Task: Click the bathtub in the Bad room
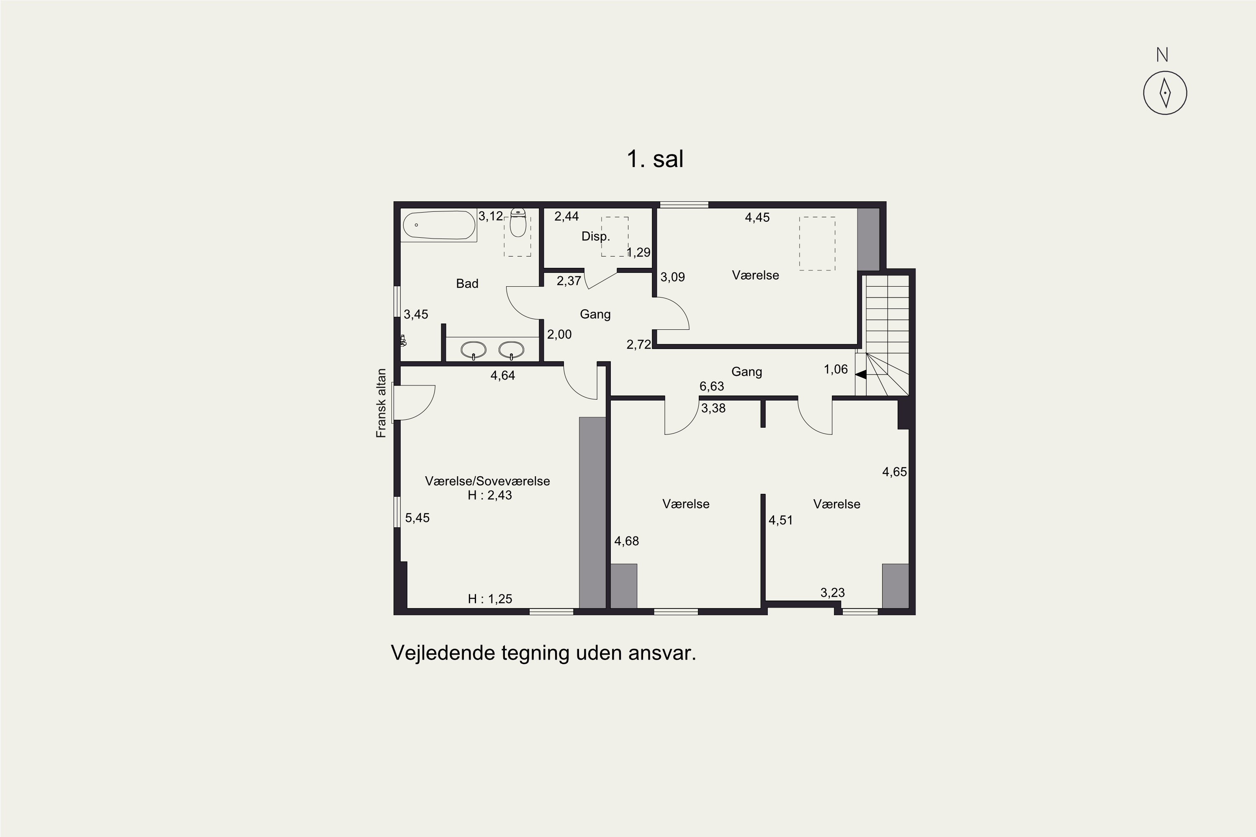coord(438,225)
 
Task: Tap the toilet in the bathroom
coord(517,223)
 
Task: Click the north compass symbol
coord(1165,93)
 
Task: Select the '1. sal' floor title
coord(655,159)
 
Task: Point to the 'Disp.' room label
coord(595,236)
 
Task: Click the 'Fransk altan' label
coord(381,403)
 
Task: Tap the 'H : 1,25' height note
coord(490,599)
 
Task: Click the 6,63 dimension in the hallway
coord(712,386)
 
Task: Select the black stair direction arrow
coord(860,375)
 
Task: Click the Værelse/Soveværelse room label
coord(487,481)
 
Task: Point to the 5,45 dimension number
coord(417,518)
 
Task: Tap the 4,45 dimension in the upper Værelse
coord(757,217)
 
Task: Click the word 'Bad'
coord(467,283)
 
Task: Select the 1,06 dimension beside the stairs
coord(836,369)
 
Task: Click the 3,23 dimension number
coord(833,593)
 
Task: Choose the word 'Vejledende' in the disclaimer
coord(443,653)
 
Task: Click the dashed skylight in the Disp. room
coord(615,236)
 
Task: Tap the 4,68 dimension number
coord(626,541)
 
